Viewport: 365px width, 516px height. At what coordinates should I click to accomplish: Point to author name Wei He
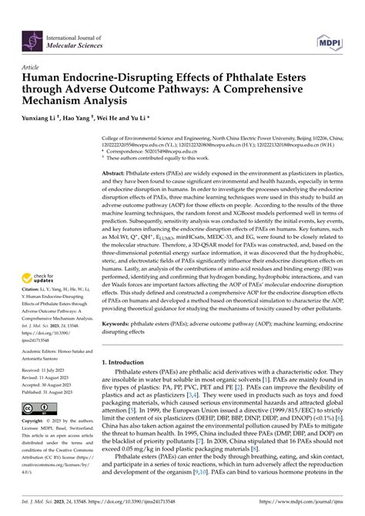coord(118,120)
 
